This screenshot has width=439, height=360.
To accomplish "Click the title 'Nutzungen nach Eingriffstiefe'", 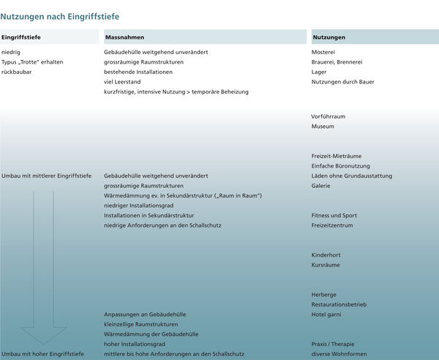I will pos(60,15).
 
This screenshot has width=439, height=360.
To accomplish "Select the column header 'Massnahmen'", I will pos(124,37).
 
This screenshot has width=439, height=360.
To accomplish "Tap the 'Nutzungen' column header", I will pos(329,37).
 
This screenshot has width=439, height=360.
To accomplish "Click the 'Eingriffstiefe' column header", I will pos(20,37).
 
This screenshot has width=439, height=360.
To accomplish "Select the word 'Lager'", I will pos(319,72).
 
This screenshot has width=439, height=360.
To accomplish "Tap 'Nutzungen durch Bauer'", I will pos(342,82).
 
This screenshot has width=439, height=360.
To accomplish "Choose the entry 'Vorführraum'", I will pos(328,116).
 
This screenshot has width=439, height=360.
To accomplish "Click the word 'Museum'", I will pos(323,127).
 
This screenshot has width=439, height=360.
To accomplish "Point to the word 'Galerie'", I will pos(320,186).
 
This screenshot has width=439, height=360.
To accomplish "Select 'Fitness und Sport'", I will pos(334,216).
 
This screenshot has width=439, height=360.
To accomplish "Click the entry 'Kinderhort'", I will pos(326,255).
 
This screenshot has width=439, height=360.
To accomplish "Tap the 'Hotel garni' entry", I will pos(327,314).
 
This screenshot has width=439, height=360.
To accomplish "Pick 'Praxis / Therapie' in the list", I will pos(334,343).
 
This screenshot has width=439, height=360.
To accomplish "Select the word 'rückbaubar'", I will pos(17,72).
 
